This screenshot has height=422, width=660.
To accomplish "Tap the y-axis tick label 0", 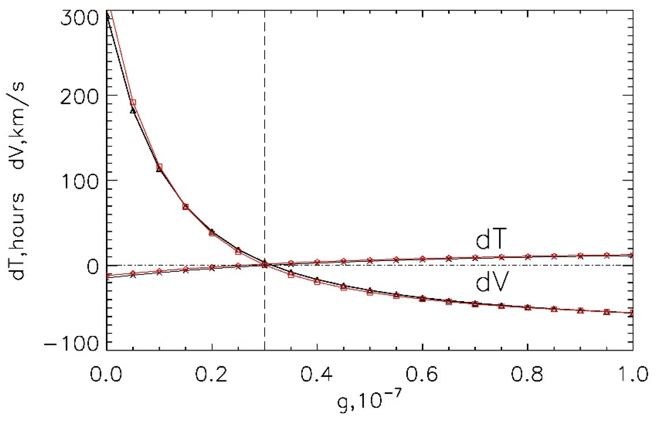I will tap(93, 267).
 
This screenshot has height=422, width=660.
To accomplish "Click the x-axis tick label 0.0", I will tap(106, 374).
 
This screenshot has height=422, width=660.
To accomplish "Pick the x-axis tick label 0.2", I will tap(212, 374).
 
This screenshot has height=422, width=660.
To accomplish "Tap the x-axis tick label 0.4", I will tap(317, 374).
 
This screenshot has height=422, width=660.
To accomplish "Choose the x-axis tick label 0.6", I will tap(422, 374).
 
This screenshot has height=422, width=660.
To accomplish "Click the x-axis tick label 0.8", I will tap(527, 374).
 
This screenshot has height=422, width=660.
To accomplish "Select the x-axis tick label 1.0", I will tap(632, 374).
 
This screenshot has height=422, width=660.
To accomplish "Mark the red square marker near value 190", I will tap(133, 102).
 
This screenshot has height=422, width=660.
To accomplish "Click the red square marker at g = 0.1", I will tap(159, 167).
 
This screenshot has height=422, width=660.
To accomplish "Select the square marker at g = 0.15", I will tap(186, 207).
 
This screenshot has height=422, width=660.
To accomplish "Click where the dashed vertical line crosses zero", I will tap(264, 265).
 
